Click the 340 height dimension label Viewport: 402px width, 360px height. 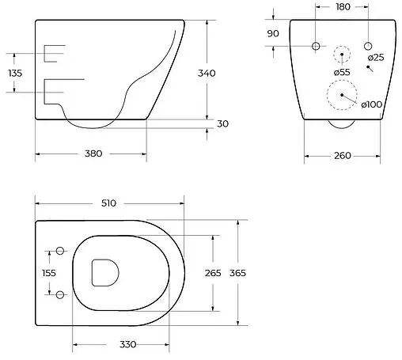[207, 73]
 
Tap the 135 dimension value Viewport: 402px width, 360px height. [15, 73]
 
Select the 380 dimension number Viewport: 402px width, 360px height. [93, 153]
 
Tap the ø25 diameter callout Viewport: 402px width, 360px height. [375, 57]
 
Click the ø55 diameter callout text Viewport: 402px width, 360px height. [342, 73]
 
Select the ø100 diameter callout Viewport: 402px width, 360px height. [372, 104]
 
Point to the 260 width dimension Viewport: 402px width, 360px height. [342, 155]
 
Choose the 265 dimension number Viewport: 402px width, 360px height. [213, 273]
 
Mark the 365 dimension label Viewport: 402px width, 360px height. [238, 273]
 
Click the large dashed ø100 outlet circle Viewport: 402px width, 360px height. [342, 97]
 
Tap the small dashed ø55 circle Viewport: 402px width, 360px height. [342, 55]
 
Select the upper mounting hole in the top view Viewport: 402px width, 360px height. [59, 252]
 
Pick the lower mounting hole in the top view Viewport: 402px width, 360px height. [59, 294]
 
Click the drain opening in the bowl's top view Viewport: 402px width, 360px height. [104, 272]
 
